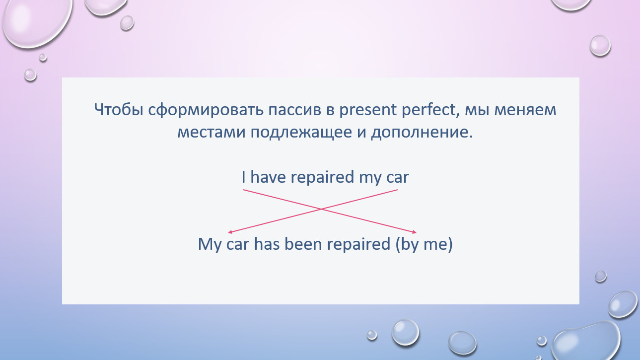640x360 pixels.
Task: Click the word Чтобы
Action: point(119,110)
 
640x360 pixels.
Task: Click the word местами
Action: point(212,133)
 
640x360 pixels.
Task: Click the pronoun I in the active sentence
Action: point(243,177)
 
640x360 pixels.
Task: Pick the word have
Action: point(268,177)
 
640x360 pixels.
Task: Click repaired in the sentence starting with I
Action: point(322,178)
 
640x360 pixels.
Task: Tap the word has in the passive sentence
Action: point(267,244)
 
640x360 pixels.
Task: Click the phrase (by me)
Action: point(424,245)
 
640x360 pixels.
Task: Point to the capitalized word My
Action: point(210,245)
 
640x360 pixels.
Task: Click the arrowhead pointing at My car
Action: point(230,232)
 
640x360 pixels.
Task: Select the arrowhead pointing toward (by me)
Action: point(414,232)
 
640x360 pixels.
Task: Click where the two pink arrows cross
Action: point(321,209)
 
